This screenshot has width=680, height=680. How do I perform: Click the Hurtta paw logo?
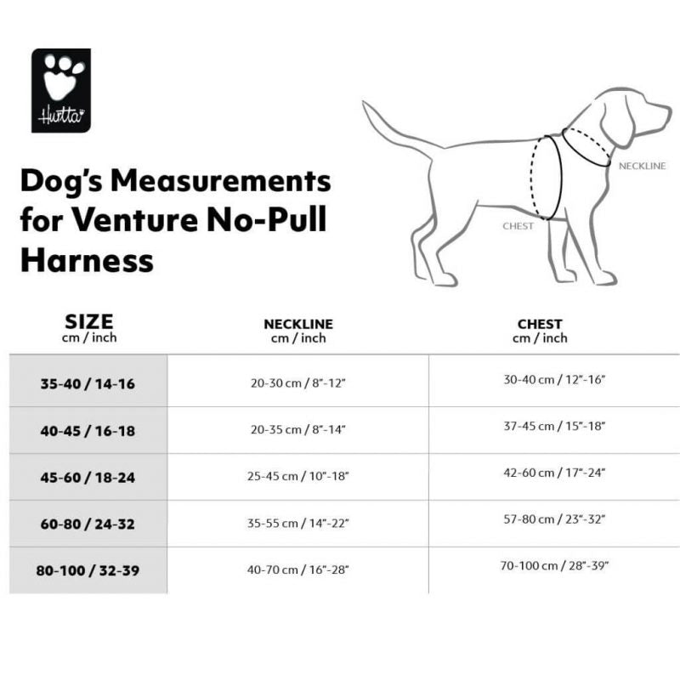click(x=61, y=90)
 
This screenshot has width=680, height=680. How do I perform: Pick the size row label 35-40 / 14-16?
click(x=88, y=384)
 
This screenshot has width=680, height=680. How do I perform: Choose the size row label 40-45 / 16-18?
click(x=88, y=431)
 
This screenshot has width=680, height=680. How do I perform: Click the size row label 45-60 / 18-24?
click(x=88, y=478)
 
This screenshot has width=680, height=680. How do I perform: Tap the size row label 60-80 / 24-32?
click(x=88, y=524)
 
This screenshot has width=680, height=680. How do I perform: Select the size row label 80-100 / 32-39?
click(x=88, y=570)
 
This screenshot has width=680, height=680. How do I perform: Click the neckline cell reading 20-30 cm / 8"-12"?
click(x=298, y=384)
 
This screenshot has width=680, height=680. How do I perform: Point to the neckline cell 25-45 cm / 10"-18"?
click(x=298, y=478)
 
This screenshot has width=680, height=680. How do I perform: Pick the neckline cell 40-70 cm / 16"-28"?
click(x=298, y=570)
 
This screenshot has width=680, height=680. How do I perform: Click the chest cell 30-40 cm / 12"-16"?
click(x=554, y=379)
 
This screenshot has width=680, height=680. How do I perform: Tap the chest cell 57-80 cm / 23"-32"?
click(x=554, y=518)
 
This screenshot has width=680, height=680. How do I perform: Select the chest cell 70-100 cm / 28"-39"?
click(x=554, y=565)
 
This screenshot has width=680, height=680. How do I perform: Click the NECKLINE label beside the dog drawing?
click(x=642, y=166)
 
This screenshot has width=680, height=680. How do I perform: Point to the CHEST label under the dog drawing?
click(x=518, y=226)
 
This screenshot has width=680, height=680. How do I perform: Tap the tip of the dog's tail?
click(x=365, y=105)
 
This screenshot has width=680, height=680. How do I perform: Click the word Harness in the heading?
click(x=87, y=258)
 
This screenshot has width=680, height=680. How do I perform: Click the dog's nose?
click(x=667, y=109)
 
